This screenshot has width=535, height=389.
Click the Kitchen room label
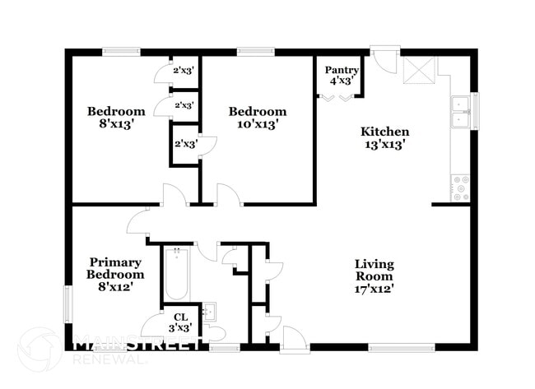point(384,132)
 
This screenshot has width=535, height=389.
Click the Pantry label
point(340,70)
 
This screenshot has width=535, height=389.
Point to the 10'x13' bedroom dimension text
point(258,125)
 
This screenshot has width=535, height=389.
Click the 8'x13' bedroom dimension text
point(117,125)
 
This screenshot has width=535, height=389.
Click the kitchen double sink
point(459,113)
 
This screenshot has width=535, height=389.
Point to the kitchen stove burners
point(460,188)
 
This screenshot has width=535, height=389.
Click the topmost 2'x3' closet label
point(184,71)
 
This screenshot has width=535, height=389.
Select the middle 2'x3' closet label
point(184,105)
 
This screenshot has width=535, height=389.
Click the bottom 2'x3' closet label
point(184,144)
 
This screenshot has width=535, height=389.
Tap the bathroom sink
point(209,312)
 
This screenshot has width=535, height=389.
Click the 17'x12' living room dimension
point(374,289)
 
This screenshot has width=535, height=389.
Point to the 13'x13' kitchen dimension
point(384,144)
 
